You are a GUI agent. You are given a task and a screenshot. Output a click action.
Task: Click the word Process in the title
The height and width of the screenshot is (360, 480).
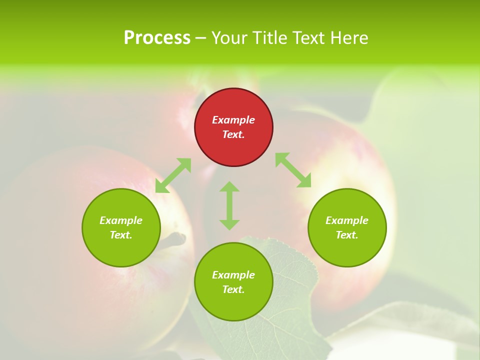[x=157, y=38]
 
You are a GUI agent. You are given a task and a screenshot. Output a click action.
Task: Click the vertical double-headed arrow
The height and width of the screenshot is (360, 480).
[x=229, y=205]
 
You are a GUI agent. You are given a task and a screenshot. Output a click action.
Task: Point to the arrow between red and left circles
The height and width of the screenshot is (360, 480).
[x=173, y=175]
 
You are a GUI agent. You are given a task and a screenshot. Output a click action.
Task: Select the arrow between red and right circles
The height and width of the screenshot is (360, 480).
[x=293, y=170]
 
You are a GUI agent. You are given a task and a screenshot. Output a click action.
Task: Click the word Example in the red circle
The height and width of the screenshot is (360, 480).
[x=233, y=120]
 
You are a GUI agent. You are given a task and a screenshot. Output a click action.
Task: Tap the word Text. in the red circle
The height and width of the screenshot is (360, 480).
[x=233, y=134]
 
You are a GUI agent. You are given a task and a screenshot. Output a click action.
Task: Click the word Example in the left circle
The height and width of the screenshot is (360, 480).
[x=121, y=220]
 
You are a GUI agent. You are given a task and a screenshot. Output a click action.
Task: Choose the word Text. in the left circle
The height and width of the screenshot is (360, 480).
[x=121, y=235]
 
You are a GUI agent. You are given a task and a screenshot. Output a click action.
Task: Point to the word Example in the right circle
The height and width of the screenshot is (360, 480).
[x=347, y=220]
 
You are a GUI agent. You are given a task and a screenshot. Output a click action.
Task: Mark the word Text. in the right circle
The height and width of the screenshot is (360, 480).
[x=347, y=235]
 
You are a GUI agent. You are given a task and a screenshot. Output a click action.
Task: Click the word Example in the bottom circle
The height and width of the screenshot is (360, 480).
[x=233, y=275]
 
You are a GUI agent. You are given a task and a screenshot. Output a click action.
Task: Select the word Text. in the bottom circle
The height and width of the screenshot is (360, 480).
[x=233, y=289]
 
